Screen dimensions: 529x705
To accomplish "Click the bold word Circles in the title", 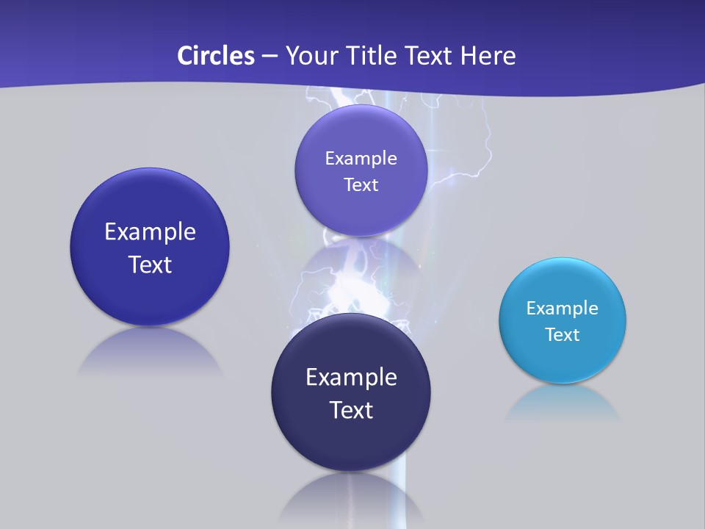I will tap(215, 56).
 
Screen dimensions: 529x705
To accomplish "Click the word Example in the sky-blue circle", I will tap(562, 309).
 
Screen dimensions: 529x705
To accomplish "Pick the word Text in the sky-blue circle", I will tap(562, 335).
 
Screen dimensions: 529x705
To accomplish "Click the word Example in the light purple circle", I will tap(361, 159).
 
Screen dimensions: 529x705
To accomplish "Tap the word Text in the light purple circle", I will tap(361, 185).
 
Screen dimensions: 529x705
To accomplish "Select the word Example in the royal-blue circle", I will tap(150, 232).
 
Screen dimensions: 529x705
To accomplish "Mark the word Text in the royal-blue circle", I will tap(150, 264).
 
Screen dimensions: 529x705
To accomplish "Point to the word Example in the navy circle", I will tap(351, 378).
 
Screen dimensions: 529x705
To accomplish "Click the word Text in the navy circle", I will tap(351, 410).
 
